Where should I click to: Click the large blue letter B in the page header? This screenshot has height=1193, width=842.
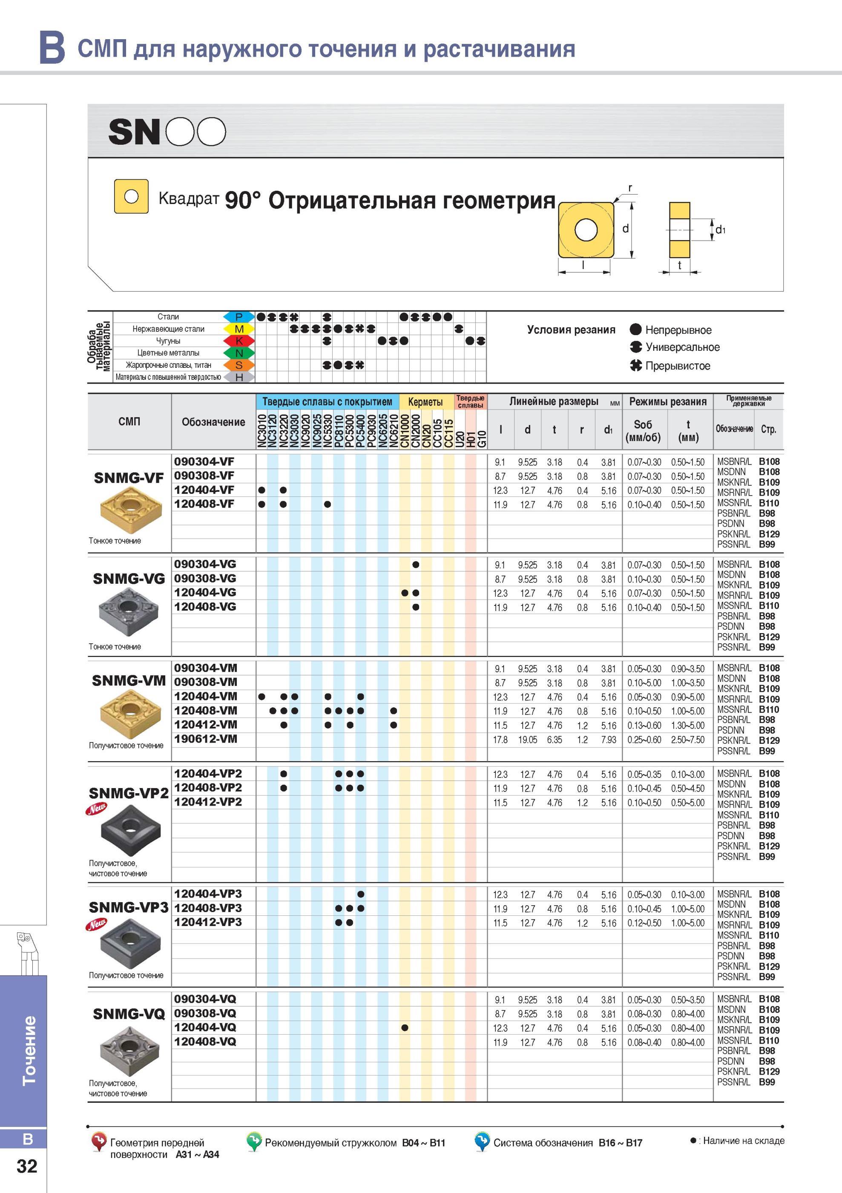(x=52, y=47)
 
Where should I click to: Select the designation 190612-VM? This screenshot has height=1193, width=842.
(x=205, y=738)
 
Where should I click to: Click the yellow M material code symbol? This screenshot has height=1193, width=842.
(x=239, y=329)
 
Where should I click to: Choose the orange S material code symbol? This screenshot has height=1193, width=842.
(x=239, y=365)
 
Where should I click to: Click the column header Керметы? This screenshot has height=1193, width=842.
(x=425, y=401)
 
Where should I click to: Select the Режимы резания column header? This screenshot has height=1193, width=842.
(x=667, y=401)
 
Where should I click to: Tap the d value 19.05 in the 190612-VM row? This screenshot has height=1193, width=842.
(x=528, y=740)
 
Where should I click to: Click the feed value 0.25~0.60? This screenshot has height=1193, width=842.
(x=644, y=740)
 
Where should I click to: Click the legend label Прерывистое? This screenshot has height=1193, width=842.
(x=678, y=366)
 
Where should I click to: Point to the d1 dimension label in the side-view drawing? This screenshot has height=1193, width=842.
(x=720, y=229)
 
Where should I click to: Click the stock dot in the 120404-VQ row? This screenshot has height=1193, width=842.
(x=405, y=1028)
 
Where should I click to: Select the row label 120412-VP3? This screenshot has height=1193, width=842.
(x=208, y=922)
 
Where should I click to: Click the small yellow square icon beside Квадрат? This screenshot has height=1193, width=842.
(x=132, y=196)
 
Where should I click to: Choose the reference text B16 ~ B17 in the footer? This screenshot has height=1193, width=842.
(x=621, y=1143)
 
